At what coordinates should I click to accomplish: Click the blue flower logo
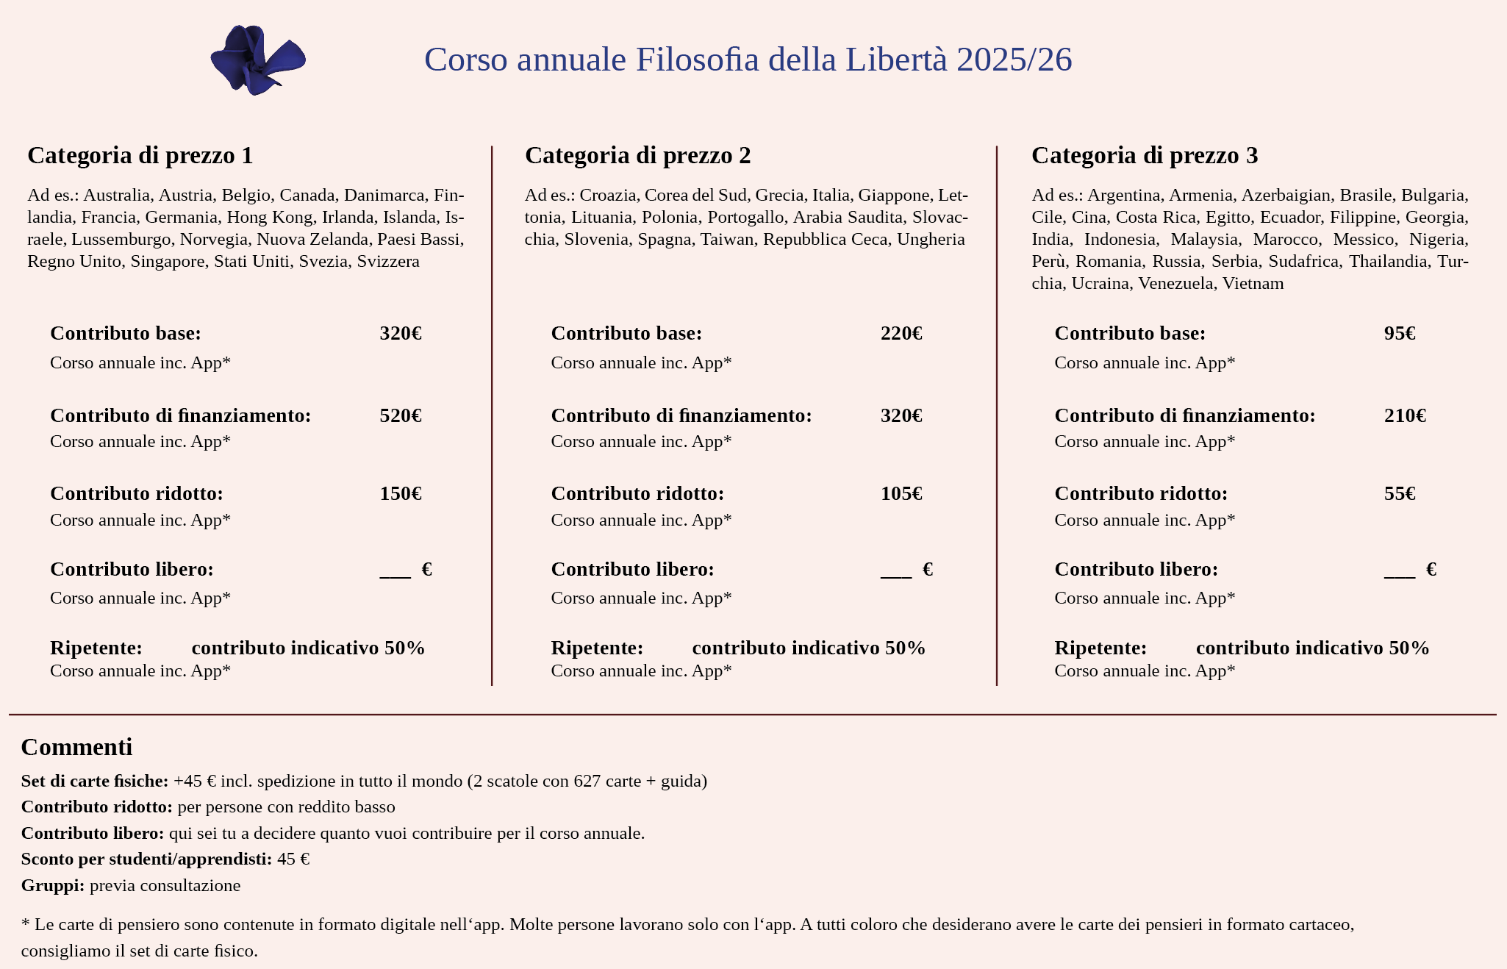(x=257, y=60)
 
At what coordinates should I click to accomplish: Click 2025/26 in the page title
(x=1014, y=60)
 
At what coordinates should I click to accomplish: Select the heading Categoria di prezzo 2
(x=637, y=155)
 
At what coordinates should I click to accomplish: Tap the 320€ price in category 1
(x=401, y=334)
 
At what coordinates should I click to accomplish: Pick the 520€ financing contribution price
(x=401, y=416)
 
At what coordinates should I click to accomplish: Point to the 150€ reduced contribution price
(x=401, y=494)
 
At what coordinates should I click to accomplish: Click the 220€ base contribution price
(x=901, y=334)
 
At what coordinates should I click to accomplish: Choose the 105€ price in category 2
(x=901, y=494)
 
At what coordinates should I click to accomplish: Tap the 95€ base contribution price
(x=1400, y=334)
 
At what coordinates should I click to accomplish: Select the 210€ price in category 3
(x=1405, y=416)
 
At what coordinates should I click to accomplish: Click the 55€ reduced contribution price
(x=1400, y=494)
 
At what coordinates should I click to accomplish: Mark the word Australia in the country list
(x=116, y=196)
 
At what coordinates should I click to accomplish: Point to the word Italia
(x=831, y=196)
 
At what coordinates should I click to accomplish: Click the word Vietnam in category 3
(x=1253, y=284)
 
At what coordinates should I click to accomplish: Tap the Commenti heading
(x=76, y=747)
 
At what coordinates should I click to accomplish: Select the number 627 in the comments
(x=587, y=781)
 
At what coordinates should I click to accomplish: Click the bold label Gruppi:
(x=53, y=885)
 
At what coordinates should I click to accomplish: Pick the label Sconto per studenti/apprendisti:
(x=146, y=859)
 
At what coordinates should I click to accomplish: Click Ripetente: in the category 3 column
(x=1100, y=648)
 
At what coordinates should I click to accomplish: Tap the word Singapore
(x=168, y=262)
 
